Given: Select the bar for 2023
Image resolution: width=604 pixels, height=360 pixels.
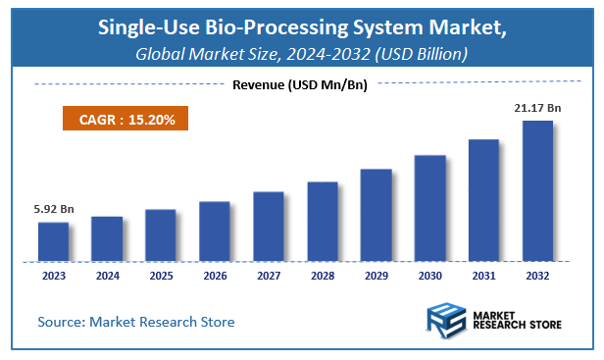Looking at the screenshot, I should pos(54,241).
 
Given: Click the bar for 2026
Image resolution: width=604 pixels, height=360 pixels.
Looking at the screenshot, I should pos(215,231).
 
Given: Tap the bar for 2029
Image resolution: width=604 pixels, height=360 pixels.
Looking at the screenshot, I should pos(376,215).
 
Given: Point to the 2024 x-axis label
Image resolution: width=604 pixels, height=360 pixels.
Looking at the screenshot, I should pos(107,276).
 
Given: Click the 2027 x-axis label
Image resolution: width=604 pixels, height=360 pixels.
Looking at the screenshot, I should pos(268,276).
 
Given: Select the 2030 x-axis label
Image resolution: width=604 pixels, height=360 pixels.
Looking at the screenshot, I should pos(429,276).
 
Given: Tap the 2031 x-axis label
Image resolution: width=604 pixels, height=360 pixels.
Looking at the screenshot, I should pos(483,276).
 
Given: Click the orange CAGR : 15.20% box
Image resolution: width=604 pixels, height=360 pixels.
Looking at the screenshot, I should pos(119,120).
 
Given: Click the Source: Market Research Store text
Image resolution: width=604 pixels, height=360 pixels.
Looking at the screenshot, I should pos(136,322).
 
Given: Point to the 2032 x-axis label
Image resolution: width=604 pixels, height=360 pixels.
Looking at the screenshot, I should pos(537,276).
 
